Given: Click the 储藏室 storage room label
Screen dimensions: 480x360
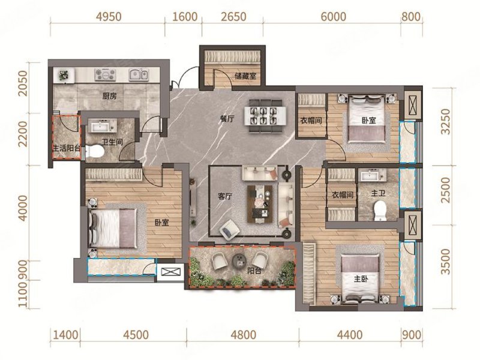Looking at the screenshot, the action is tap(245, 76).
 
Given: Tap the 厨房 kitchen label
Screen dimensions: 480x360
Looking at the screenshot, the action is tap(109, 96).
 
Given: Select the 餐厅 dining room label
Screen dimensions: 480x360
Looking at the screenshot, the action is tap(227, 119).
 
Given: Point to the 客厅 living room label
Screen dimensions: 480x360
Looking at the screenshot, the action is tap(225, 196).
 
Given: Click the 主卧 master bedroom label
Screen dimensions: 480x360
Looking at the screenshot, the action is tap(361, 279).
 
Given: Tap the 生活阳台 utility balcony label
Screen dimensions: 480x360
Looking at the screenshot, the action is tap(67, 149).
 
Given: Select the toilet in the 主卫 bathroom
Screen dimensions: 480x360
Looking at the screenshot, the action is tap(380, 211).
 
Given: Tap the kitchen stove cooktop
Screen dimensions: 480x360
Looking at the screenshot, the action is tap(105, 74).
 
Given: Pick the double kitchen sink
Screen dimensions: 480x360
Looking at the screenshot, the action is tap(139, 74).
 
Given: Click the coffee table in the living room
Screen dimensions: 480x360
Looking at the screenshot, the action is tap(260, 204).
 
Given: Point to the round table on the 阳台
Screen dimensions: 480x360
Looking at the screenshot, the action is tap(239, 262).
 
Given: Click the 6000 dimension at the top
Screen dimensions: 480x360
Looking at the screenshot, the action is tap(334, 17).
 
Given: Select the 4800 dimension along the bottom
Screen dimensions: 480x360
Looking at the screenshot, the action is tap(244, 335).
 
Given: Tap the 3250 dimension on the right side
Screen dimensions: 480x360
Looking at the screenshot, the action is tap(446, 121).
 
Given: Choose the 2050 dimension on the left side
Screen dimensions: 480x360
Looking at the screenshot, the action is tap(23, 83).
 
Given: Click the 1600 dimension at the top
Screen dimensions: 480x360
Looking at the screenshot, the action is tap(185, 17).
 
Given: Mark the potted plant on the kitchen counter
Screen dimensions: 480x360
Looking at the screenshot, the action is tap(64, 75).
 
